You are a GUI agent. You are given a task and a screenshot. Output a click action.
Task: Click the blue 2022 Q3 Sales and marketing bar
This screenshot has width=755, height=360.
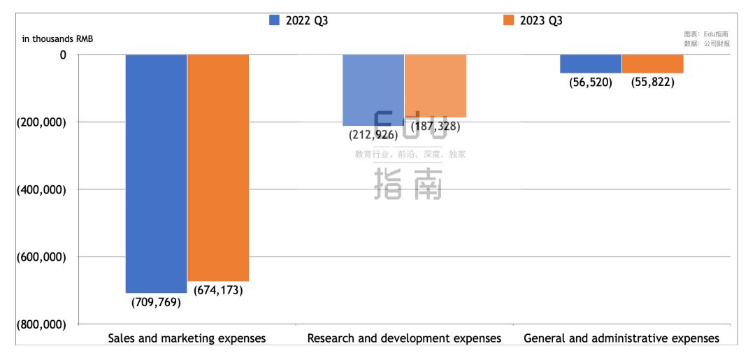point(156,173)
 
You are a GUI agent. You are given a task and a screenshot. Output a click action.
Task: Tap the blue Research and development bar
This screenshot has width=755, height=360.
point(373,89)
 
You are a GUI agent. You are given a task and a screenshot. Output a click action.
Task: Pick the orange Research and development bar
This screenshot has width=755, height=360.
point(435,85)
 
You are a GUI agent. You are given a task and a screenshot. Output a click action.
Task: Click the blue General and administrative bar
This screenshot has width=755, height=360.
point(591,64)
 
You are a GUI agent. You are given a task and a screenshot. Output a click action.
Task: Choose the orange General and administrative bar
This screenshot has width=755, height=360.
point(652,64)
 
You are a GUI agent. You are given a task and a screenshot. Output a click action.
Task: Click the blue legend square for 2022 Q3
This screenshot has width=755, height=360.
point(275,20)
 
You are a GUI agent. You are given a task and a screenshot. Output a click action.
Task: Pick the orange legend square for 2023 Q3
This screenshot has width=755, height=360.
point(509,20)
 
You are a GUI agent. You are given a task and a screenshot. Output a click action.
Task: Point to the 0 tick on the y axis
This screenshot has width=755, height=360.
point(63,55)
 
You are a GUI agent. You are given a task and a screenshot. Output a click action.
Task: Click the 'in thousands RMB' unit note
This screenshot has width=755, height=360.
point(57,38)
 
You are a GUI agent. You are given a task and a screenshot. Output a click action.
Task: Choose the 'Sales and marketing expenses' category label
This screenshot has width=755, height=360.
point(187,338)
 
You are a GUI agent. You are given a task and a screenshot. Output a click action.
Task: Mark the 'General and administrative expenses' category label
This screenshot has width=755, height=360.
point(621,338)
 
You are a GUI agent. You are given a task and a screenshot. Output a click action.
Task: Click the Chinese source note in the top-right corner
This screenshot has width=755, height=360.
point(707,38)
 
